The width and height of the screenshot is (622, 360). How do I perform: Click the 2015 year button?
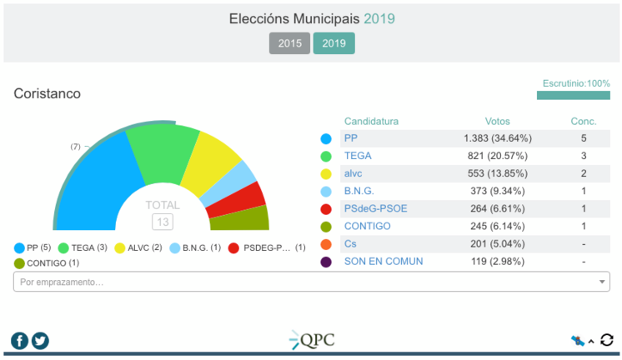289,43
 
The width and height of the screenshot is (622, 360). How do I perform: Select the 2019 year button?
334,43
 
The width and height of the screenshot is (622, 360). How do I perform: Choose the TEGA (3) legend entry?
83,247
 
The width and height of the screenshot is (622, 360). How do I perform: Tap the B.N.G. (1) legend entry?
195,247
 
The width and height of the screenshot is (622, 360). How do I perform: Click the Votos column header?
497,121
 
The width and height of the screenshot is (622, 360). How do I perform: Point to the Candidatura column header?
371,121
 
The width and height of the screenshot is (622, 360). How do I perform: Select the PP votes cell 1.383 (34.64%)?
497,137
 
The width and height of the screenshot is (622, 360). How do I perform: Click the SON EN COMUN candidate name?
384,261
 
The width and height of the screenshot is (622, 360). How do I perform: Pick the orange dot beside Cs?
326,244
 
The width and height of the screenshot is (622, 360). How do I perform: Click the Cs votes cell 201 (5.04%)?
497,243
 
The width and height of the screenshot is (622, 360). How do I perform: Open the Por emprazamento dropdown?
311,282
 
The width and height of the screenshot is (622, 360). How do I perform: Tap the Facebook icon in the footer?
19,340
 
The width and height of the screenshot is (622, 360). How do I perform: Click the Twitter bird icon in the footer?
40,340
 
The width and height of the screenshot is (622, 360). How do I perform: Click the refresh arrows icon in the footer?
607,340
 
